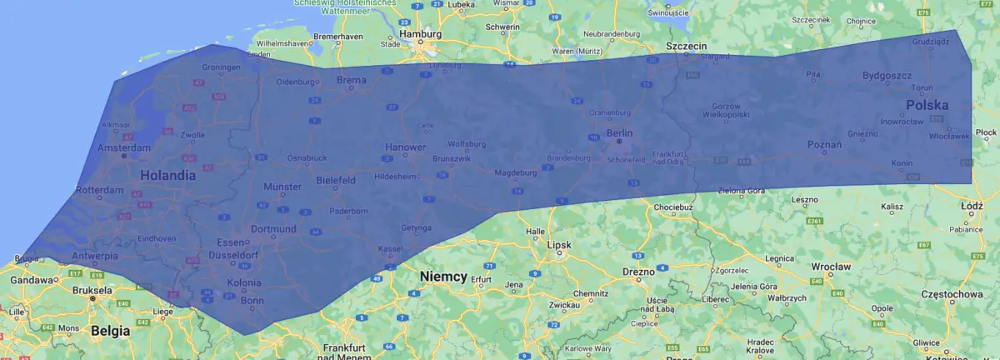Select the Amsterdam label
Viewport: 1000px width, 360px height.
pos(123,147)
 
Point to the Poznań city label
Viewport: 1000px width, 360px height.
pos(824,145)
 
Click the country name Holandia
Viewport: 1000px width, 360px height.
pos(167,176)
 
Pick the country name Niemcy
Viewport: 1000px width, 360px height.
pos(443,276)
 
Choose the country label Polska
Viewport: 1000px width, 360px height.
pos(927,106)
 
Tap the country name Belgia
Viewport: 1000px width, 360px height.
pos(110,331)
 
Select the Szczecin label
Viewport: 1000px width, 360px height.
pos(687,45)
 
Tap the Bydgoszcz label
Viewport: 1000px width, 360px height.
pos(887,76)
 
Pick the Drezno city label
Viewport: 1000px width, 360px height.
pos(638,272)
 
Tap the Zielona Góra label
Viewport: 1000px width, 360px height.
pos(741,191)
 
